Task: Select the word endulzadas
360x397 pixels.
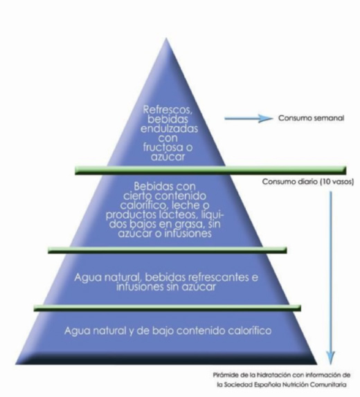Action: (x=169, y=129)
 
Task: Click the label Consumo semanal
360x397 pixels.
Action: (x=312, y=118)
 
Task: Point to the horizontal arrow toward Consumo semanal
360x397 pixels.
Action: (x=248, y=118)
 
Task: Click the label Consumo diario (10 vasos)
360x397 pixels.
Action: (x=308, y=182)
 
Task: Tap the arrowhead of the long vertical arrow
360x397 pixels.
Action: (x=330, y=358)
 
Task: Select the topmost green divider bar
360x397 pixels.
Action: (x=210, y=170)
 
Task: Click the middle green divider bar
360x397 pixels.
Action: (x=168, y=250)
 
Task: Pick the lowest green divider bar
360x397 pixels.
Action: (x=168, y=308)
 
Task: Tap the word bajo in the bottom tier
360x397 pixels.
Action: (x=162, y=331)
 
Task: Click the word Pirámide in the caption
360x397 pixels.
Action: (x=224, y=375)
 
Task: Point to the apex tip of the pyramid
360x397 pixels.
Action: (x=166, y=38)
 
